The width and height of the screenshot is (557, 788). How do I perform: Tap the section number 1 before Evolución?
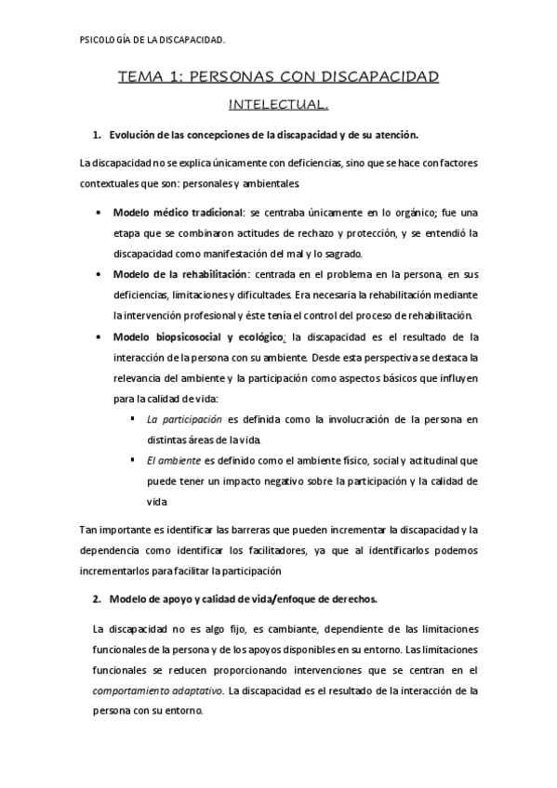click(x=97, y=135)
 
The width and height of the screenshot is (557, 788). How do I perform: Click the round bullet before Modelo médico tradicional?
click(x=100, y=213)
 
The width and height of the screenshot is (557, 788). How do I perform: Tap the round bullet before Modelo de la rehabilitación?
click(x=100, y=275)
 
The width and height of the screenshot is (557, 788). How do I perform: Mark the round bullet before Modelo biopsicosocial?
click(x=100, y=336)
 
